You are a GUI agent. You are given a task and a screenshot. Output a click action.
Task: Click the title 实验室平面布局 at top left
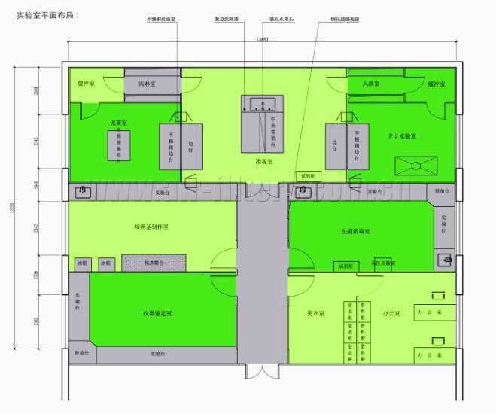[x=47, y=14]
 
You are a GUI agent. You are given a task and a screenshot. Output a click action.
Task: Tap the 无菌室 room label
[x=118, y=122]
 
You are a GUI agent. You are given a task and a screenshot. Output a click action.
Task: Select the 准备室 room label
[x=263, y=160]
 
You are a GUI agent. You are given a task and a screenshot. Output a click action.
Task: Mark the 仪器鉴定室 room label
[x=158, y=312]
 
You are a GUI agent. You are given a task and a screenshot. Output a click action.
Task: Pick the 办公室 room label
[x=392, y=312]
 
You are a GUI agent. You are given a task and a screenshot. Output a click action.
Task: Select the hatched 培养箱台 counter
[x=154, y=263]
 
